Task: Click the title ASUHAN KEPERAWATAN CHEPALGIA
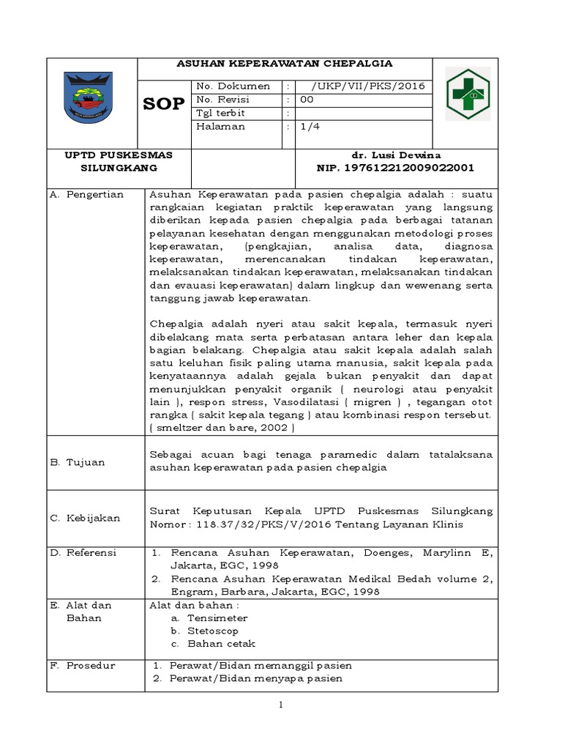[285, 64]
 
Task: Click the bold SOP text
[163, 104]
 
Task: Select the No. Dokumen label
[233, 86]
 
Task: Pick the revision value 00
[307, 100]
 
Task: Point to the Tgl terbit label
[221, 113]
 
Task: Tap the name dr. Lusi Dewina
[396, 155]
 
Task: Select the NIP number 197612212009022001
[395, 168]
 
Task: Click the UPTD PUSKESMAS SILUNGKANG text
[118, 161]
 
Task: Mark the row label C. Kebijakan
[85, 518]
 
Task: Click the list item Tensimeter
[217, 618]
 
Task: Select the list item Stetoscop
[213, 631]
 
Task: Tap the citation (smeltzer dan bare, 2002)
[222, 428]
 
